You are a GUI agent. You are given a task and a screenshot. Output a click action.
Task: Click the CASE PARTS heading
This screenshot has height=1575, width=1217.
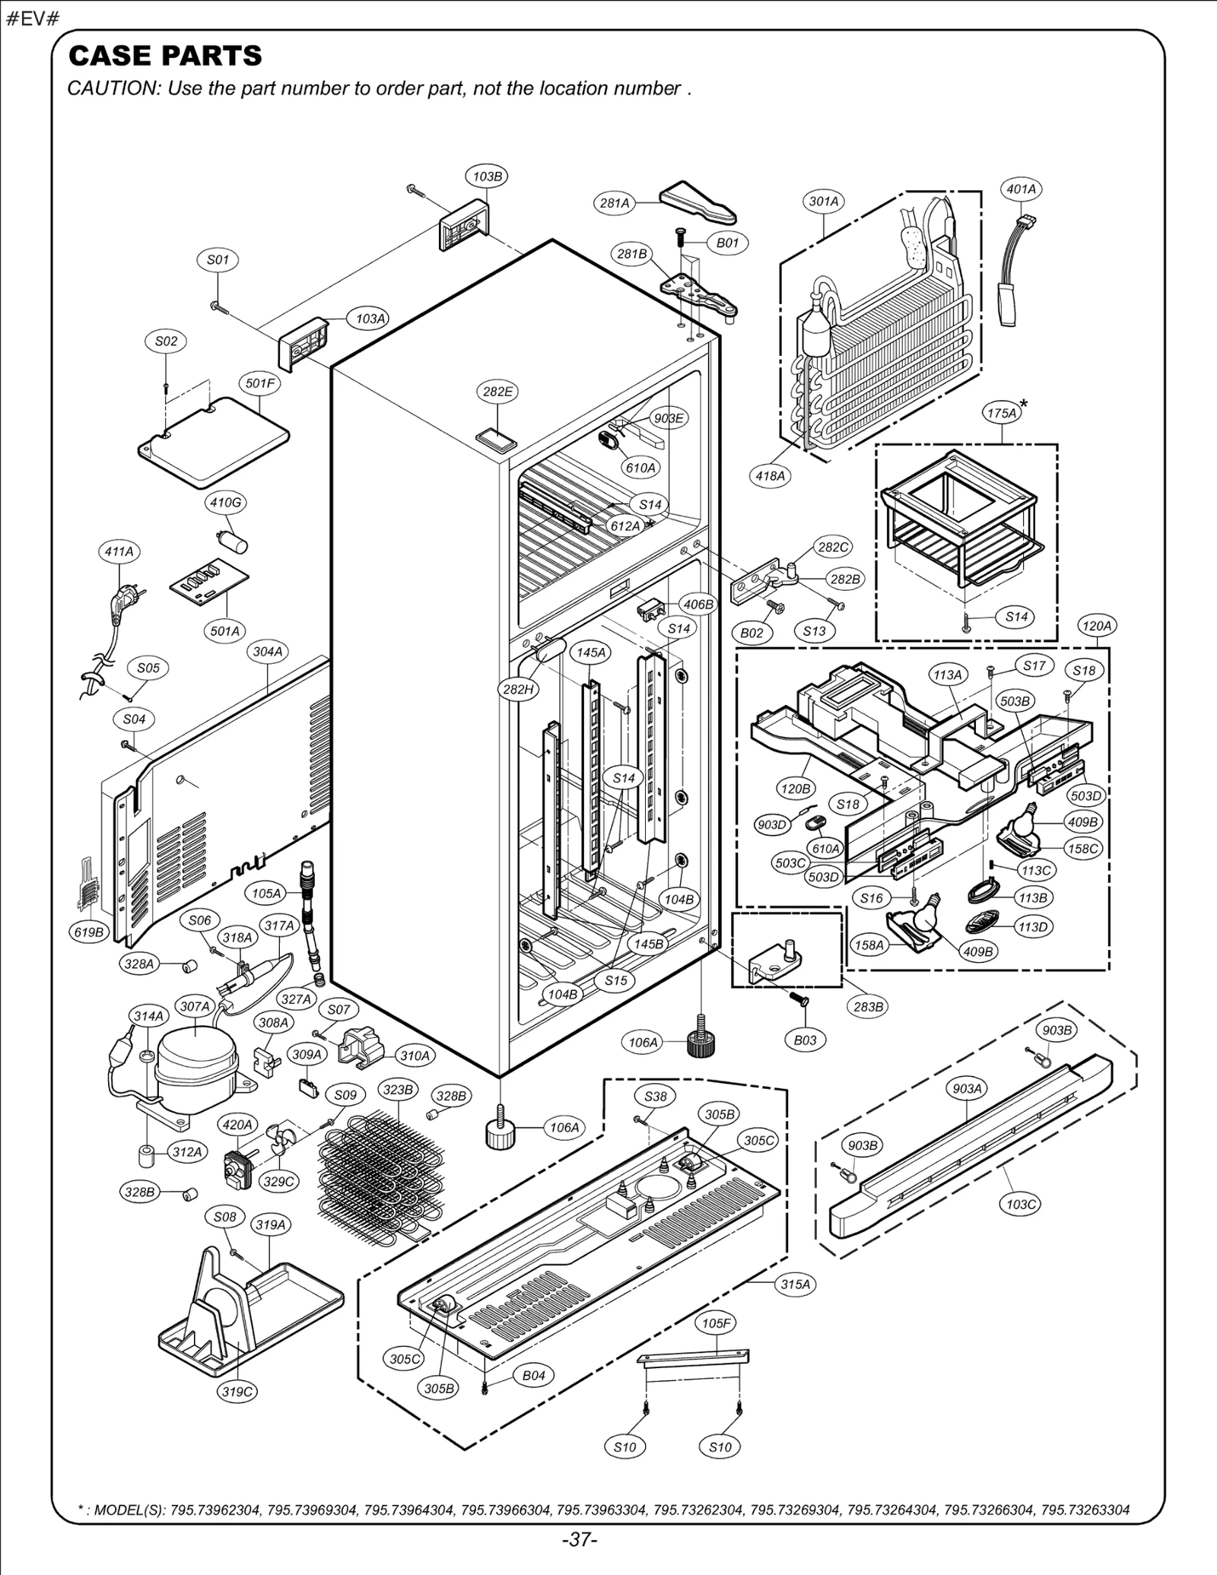[x=165, y=56]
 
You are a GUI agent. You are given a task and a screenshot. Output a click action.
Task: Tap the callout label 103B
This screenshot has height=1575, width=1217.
[x=487, y=176]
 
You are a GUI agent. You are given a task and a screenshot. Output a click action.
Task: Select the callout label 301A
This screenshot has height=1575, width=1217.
[x=823, y=202]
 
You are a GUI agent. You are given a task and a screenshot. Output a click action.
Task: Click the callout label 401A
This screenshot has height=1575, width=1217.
[x=1021, y=189]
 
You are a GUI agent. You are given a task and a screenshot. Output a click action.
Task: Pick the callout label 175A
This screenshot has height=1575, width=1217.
[x=1001, y=413]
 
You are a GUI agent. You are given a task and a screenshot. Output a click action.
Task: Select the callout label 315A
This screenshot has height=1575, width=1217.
[x=796, y=1284]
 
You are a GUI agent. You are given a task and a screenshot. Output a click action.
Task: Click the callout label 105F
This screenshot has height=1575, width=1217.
[x=716, y=1323]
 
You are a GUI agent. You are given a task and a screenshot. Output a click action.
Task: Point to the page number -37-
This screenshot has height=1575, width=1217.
[x=580, y=1540]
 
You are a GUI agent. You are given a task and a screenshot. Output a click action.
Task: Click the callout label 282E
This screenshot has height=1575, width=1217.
[x=497, y=392]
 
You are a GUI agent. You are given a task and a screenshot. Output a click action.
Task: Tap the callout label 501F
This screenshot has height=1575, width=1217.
[x=260, y=383]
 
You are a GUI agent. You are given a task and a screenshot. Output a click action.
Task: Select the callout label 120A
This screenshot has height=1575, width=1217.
[x=1096, y=626]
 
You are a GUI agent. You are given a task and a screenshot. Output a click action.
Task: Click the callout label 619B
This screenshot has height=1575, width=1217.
[x=89, y=932]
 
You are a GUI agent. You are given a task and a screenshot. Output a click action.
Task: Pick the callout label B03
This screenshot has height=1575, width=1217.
[x=805, y=1040]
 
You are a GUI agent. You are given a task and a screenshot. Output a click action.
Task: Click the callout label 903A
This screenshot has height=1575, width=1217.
[x=968, y=1089]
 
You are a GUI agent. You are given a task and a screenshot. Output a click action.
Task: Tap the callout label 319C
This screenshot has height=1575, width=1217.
[x=237, y=1392]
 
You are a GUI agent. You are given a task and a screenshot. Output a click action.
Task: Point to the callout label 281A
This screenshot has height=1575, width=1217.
[x=615, y=203]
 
